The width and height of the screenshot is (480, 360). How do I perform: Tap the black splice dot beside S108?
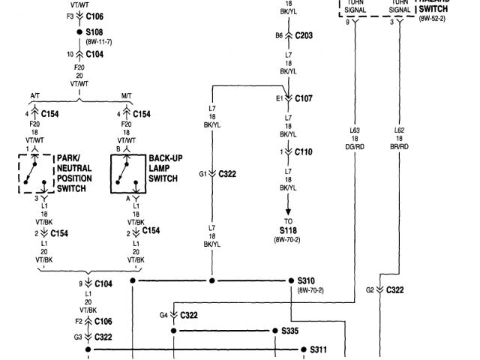coord(78,34)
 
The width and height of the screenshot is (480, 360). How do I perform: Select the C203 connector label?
coord(304,35)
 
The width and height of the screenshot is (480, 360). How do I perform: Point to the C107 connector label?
coord(304,98)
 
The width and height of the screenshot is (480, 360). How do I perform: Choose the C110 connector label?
coord(304,151)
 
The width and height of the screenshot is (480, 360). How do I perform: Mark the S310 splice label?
coord(308,280)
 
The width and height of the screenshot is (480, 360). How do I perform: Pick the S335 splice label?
coord(289,330)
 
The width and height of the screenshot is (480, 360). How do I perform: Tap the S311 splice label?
coord(319,349)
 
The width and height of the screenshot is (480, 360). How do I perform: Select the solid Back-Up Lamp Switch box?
coord(127,174)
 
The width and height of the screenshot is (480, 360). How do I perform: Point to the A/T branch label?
coord(35,95)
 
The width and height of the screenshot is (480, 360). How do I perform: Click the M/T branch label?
coord(126,95)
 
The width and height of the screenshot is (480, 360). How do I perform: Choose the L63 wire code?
coord(355,130)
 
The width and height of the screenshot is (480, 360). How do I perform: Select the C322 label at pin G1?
coord(227,174)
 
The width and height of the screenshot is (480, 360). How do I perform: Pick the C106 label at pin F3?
coord(94,15)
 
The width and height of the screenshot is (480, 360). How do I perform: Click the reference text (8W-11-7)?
coord(97,43)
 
